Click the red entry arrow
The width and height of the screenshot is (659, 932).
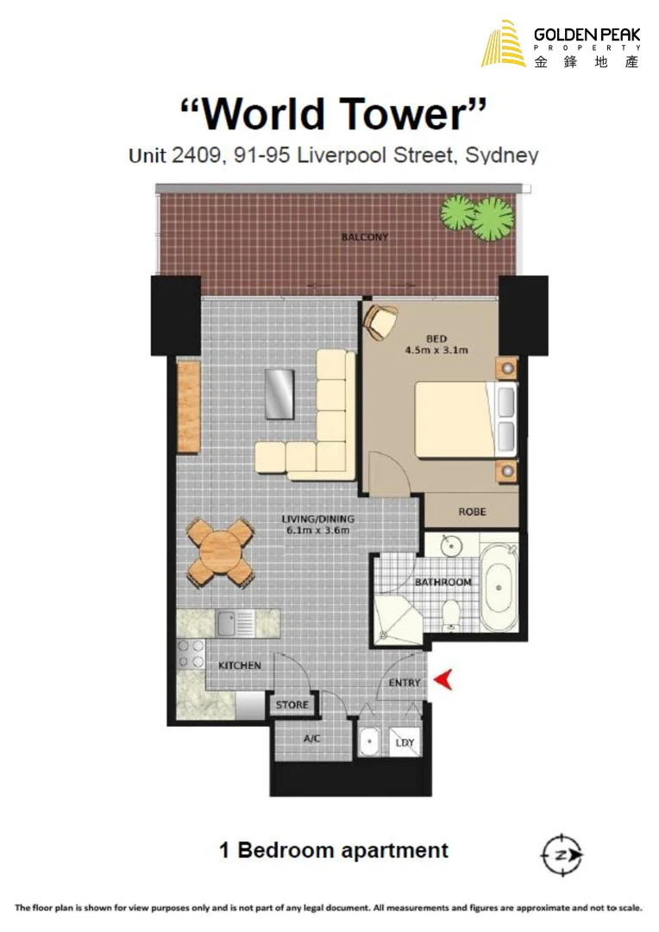pyautogui.click(x=442, y=681)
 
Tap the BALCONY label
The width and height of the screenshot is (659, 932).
pyautogui.click(x=364, y=237)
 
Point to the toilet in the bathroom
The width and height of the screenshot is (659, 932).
pyautogui.click(x=449, y=614)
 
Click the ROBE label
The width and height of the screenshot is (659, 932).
pyautogui.click(x=472, y=512)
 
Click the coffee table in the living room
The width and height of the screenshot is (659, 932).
pyautogui.click(x=279, y=394)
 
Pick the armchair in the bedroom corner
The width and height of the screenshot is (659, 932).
pyautogui.click(x=379, y=322)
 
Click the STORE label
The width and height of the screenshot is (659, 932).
pyautogui.click(x=292, y=705)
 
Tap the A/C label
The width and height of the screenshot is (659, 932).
pyautogui.click(x=313, y=740)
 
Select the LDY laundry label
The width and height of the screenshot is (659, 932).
pyautogui.click(x=404, y=743)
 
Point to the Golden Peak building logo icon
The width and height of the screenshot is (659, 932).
pyautogui.click(x=504, y=45)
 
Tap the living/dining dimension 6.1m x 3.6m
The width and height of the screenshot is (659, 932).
pyautogui.click(x=317, y=530)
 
